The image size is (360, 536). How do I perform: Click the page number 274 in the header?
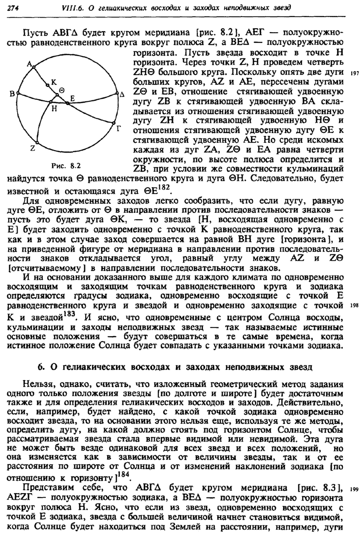point(15,8)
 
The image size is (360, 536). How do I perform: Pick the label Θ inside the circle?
point(62,91)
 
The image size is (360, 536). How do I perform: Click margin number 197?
point(354,74)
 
